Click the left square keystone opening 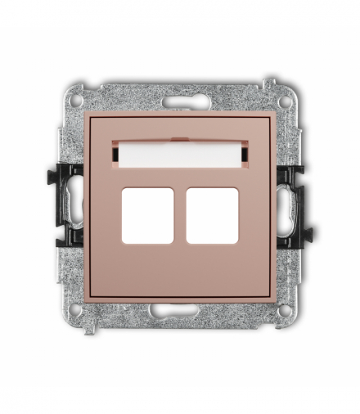pyautogui.click(x=147, y=216)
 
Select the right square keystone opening pyautogui.click(x=212, y=216)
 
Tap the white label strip pyautogui.click(x=180, y=152)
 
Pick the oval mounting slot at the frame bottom pyautogui.click(x=180, y=312)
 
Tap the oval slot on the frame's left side pyautogui.click(x=75, y=204)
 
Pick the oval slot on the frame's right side pyautogui.click(x=285, y=204)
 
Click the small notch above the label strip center pyautogui.click(x=180, y=137)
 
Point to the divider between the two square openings pyautogui.click(x=180, y=216)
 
